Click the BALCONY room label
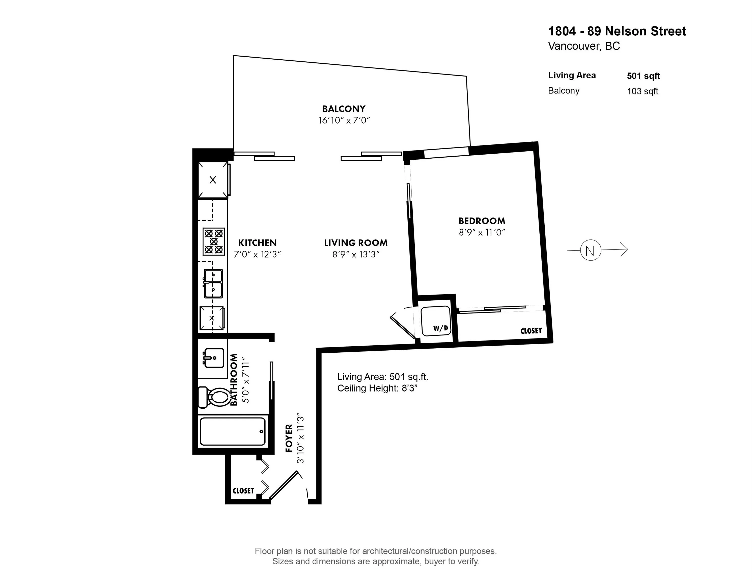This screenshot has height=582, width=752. (x=344, y=109)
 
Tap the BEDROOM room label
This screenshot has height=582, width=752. (x=482, y=221)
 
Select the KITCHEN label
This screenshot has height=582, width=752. (x=258, y=243)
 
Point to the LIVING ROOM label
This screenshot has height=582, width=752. (x=356, y=243)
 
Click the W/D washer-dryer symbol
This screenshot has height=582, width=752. (x=436, y=321)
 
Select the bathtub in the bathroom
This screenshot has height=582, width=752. (x=233, y=432)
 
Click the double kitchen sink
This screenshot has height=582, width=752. (x=213, y=283)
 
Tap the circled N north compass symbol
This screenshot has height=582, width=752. (x=591, y=250)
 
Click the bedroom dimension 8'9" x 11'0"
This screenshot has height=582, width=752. (x=482, y=232)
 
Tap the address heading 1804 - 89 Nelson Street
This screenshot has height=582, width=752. (x=617, y=31)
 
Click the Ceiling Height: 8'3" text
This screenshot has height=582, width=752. (x=377, y=388)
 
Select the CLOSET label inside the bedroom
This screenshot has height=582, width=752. (x=531, y=331)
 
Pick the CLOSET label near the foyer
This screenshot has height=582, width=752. (x=243, y=491)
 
